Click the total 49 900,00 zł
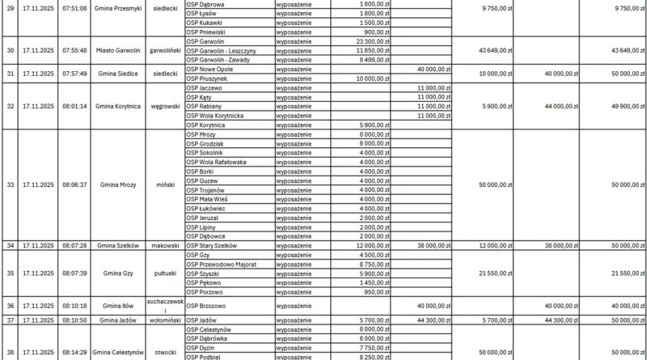[614, 106]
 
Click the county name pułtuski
[165, 273]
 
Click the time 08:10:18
[74, 306]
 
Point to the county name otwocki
[165, 352]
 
